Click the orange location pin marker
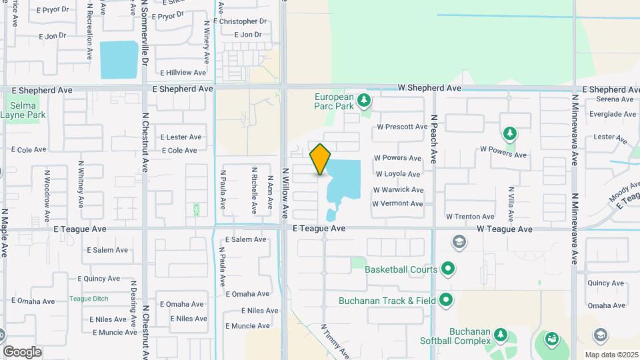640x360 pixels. coord(321,159)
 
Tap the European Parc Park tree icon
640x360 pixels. coord(363,101)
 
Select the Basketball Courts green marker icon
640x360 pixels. coord(449,269)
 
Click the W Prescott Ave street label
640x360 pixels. coord(402,127)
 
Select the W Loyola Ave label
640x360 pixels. coord(398,174)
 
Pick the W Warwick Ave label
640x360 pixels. coord(399,190)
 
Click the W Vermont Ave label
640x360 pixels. coord(397,204)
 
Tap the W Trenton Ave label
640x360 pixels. coord(470,217)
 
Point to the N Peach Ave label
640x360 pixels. coord(433,139)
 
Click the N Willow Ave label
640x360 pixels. coord(285,193)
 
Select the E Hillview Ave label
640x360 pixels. coord(183,72)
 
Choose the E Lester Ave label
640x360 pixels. coord(181,137)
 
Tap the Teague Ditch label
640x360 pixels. coord(89,299)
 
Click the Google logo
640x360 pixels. coord(22,352)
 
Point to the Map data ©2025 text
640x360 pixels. coord(611,355)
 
